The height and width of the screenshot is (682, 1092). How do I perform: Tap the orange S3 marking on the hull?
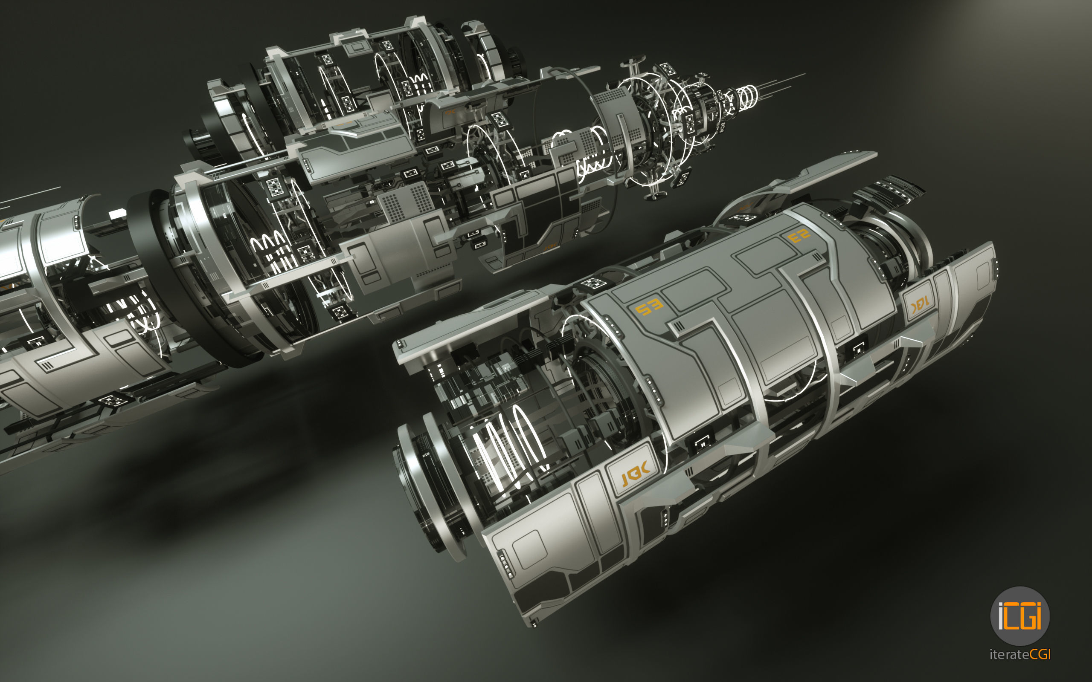649,308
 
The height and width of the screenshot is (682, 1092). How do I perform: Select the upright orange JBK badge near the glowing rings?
634,472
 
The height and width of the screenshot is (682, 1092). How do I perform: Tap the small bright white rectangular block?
118,214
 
